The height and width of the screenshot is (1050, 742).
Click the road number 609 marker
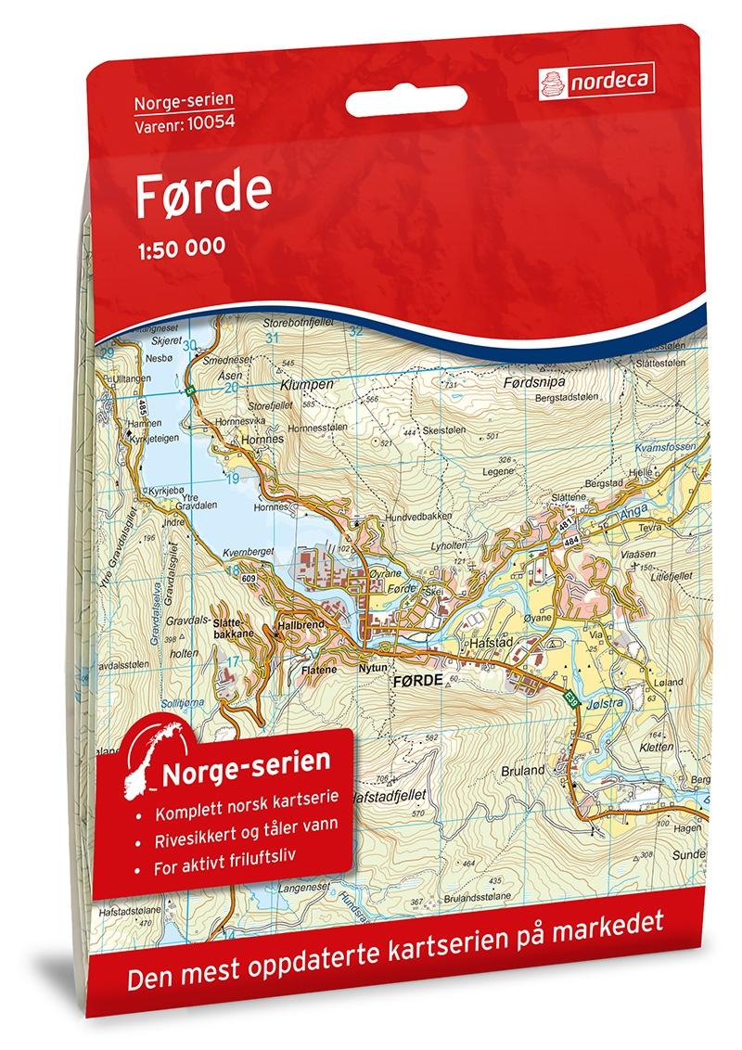(x=247, y=580)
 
